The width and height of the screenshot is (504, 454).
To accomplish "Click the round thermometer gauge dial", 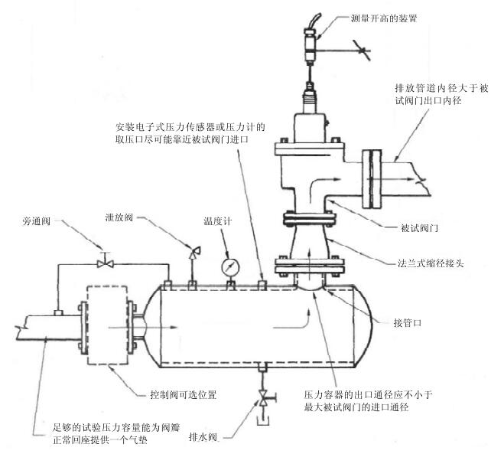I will tap(229, 267).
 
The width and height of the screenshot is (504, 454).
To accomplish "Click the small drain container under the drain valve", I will tap(264, 420).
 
